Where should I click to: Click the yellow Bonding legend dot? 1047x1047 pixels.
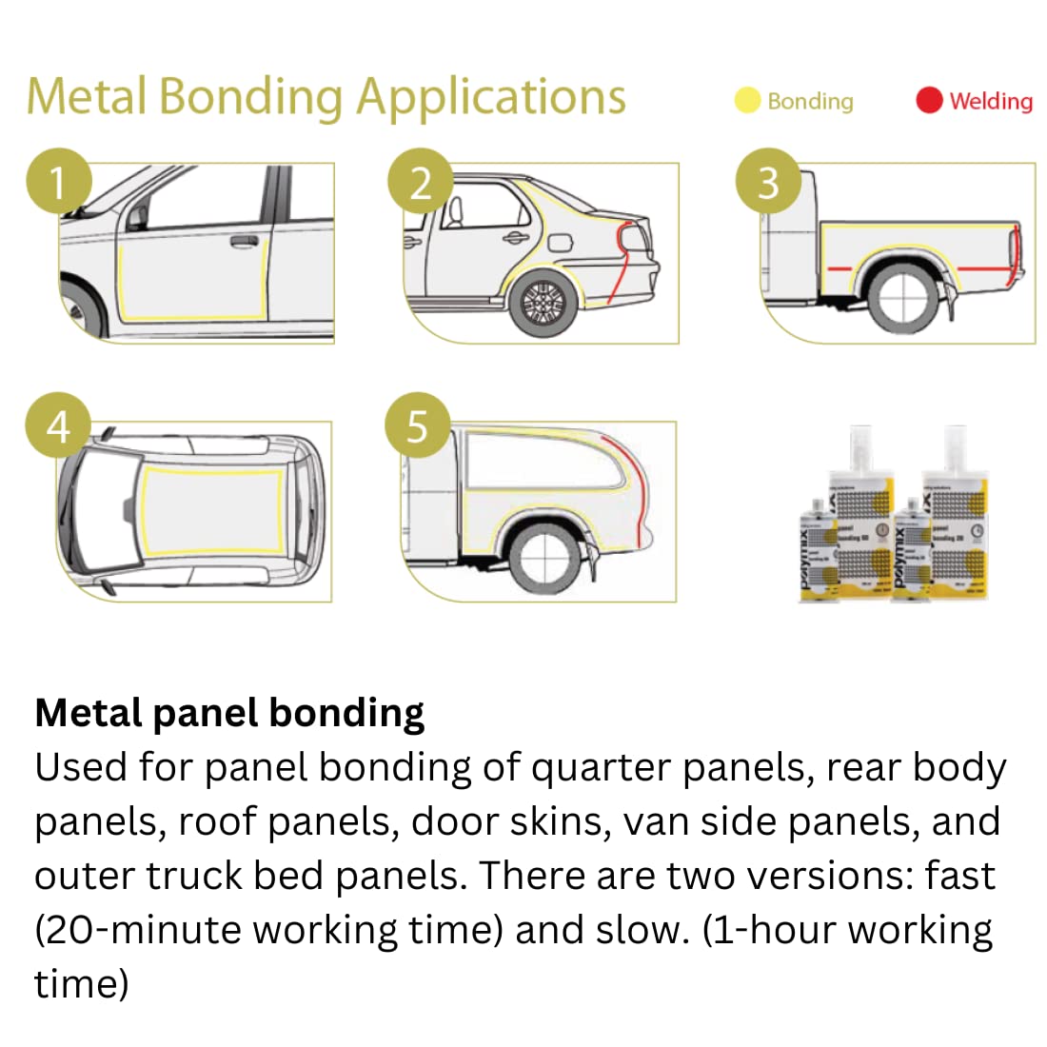(747, 100)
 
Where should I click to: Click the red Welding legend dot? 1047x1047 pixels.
(929, 100)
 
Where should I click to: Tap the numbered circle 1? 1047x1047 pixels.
(58, 182)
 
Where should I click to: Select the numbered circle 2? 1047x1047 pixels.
(420, 182)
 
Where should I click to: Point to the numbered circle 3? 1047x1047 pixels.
(768, 182)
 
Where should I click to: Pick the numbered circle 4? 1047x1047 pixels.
(58, 426)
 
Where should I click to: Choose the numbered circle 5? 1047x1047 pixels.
(417, 426)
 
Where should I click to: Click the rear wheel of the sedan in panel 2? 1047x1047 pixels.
(544, 303)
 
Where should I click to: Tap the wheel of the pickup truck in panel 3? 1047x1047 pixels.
(900, 297)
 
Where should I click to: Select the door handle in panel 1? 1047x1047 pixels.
(245, 241)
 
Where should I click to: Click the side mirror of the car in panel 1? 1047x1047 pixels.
(137, 217)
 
